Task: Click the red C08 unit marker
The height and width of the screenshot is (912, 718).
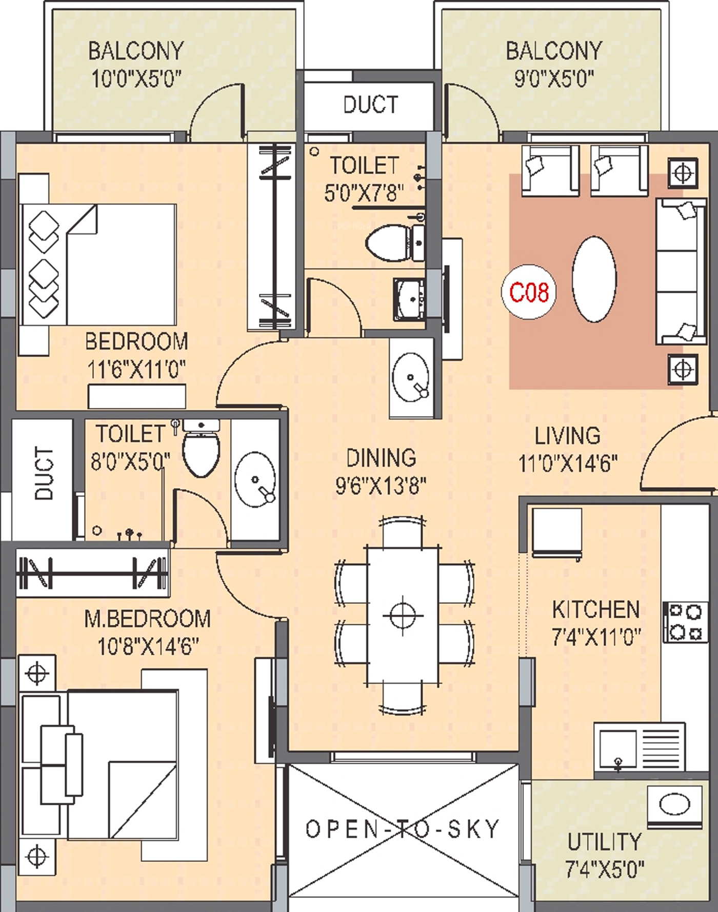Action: click(529, 292)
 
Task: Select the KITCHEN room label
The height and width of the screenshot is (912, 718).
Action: click(596, 610)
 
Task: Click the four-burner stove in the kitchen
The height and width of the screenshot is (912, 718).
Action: click(683, 622)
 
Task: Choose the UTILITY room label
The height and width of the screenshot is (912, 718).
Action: click(605, 842)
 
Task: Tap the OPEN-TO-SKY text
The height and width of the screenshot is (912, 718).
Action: click(403, 829)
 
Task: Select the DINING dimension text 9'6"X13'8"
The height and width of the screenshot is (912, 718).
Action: click(381, 485)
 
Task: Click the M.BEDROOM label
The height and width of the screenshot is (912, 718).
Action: click(148, 619)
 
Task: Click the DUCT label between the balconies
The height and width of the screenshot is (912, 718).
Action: click(370, 105)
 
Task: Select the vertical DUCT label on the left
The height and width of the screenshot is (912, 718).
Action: click(44, 473)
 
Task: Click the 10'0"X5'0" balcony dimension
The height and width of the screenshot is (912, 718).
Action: click(136, 79)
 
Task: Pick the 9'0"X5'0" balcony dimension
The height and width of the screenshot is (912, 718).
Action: click(554, 78)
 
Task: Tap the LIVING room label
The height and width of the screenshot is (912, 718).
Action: click(567, 436)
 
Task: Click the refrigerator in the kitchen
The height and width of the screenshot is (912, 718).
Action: click(556, 532)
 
